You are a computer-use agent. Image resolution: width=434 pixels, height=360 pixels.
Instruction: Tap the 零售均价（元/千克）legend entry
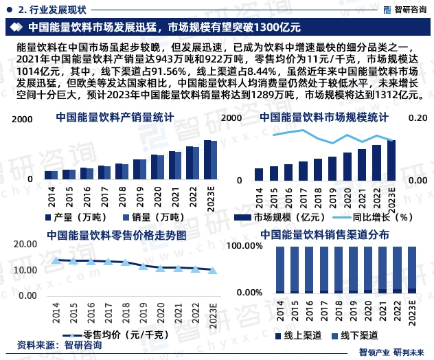point(121,335)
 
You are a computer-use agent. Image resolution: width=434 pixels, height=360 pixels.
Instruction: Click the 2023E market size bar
point(391,161)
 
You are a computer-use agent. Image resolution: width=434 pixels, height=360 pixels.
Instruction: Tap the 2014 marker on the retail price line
point(56,260)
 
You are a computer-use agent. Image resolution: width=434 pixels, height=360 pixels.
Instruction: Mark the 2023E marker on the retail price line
point(212,270)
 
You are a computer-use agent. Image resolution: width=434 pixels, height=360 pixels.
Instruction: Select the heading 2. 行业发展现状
point(52,9)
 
